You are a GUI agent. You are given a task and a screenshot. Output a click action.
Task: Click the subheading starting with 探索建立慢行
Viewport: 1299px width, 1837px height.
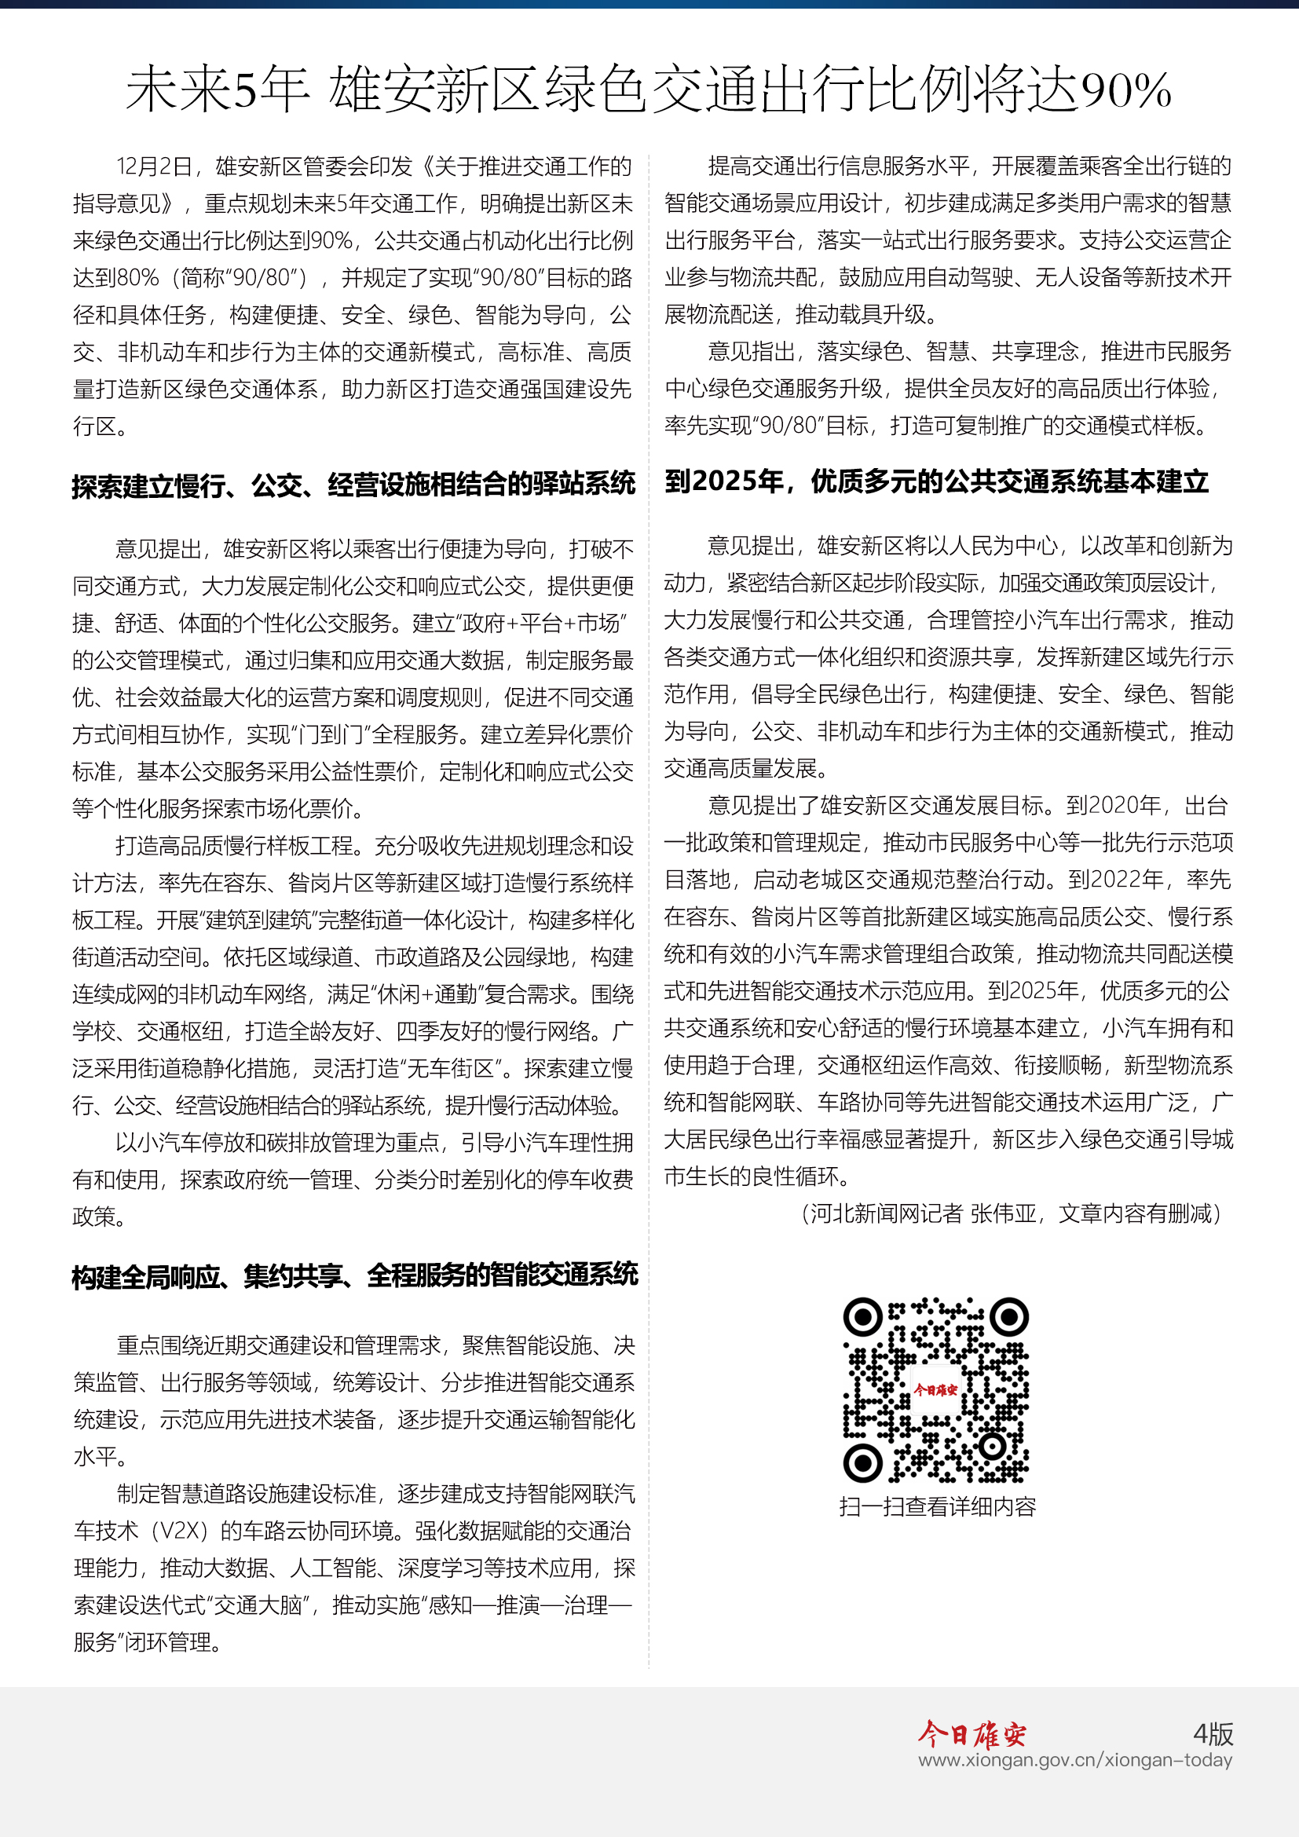353,485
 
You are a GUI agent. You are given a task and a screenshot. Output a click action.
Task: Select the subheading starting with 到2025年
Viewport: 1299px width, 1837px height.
936,481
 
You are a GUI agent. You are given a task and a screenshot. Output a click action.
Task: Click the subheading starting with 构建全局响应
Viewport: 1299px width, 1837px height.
354,1275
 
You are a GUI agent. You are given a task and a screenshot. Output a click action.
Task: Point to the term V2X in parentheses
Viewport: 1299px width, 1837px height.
185,1531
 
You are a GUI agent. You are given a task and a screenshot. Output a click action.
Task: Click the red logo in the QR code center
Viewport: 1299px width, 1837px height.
936,1390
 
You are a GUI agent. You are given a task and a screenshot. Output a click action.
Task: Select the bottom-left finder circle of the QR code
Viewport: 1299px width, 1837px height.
863,1462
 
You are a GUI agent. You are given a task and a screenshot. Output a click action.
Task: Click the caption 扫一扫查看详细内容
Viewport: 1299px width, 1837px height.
938,1507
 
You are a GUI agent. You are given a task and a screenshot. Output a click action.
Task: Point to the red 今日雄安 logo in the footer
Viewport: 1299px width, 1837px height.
972,1734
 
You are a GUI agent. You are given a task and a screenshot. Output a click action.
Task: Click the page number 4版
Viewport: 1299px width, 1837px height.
1213,1734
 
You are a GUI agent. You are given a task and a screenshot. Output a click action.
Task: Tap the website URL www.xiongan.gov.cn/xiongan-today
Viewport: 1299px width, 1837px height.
1075,1760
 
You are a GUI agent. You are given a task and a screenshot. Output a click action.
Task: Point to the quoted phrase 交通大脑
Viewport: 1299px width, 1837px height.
265,1606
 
